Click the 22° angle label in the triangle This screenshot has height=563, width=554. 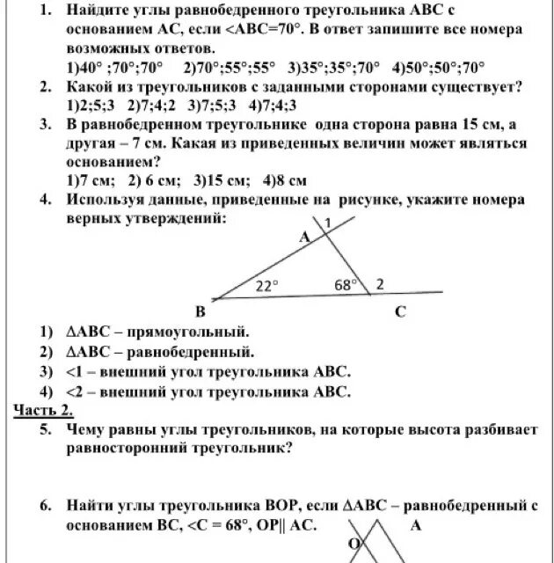(x=266, y=285)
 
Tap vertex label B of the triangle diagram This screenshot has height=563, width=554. (x=200, y=311)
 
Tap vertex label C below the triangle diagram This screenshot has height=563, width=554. (x=399, y=311)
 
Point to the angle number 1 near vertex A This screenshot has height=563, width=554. (x=326, y=225)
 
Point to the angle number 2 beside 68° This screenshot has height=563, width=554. (x=380, y=284)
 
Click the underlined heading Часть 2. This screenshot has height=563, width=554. (x=44, y=410)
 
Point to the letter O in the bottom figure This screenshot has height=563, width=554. (x=355, y=545)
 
